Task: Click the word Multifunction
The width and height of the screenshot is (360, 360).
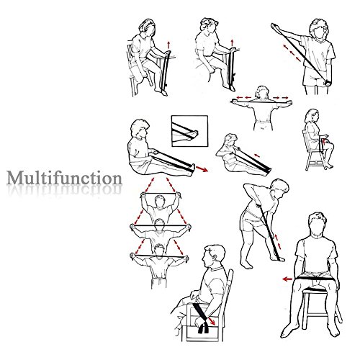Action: tap(64, 179)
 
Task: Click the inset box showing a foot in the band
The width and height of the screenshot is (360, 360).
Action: tap(189, 131)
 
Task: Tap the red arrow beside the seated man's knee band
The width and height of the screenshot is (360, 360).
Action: tap(287, 279)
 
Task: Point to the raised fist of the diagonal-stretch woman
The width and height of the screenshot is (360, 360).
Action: tap(274, 26)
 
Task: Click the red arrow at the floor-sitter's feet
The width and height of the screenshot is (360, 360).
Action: tap(202, 169)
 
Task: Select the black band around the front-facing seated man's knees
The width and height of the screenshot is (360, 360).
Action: tap(315, 279)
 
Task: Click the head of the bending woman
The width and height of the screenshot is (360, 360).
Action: tap(280, 187)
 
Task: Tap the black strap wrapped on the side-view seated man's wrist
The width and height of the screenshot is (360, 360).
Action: tap(201, 318)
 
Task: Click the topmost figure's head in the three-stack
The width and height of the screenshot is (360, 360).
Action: tap(159, 201)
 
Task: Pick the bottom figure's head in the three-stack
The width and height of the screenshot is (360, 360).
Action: tap(159, 250)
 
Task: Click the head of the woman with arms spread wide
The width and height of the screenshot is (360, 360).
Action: tap(261, 92)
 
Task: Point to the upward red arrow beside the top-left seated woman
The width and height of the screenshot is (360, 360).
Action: tap(168, 45)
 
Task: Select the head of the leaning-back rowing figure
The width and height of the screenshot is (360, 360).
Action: tap(231, 140)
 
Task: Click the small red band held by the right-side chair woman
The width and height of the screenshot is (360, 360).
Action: tap(324, 141)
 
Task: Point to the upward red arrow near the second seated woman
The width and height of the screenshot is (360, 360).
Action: tap(232, 43)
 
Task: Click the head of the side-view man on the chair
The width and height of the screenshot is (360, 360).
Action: tap(214, 256)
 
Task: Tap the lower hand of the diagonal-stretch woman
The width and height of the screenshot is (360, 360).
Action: tap(326, 83)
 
